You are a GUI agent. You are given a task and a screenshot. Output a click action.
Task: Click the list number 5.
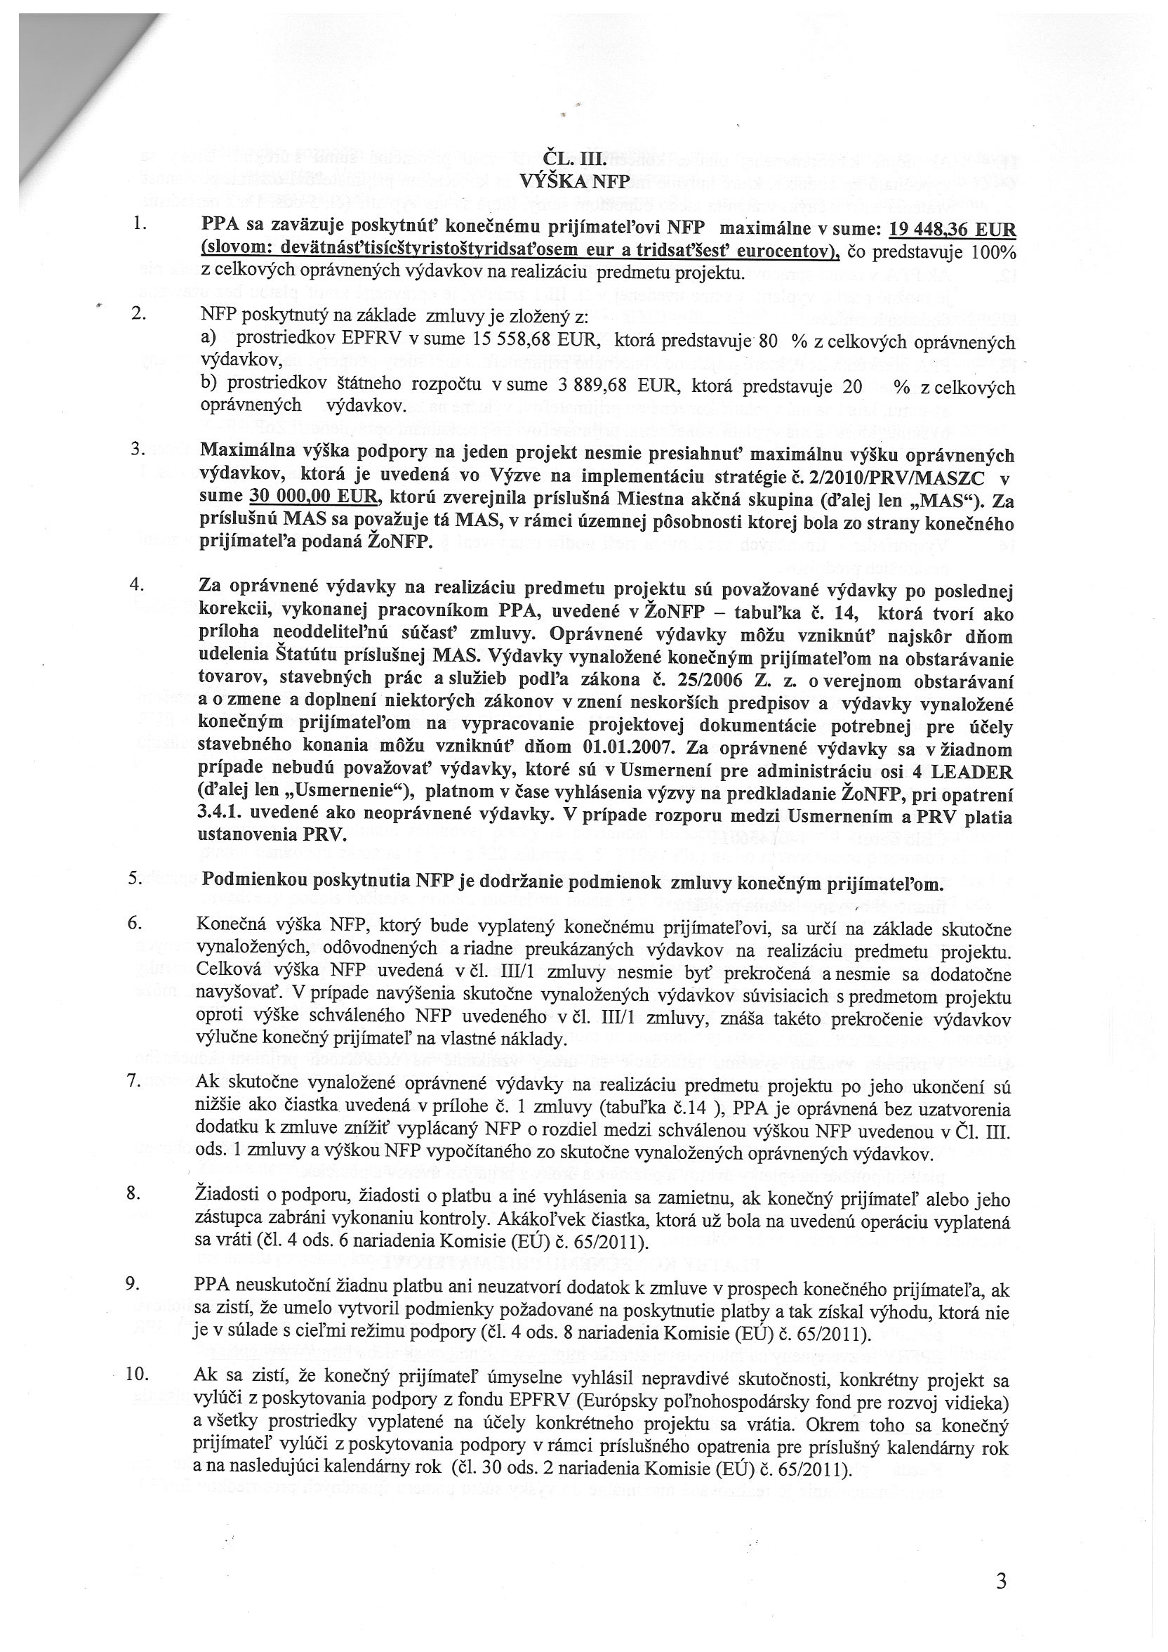point(135,879)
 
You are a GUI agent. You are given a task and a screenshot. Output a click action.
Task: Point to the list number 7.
point(135,1083)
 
